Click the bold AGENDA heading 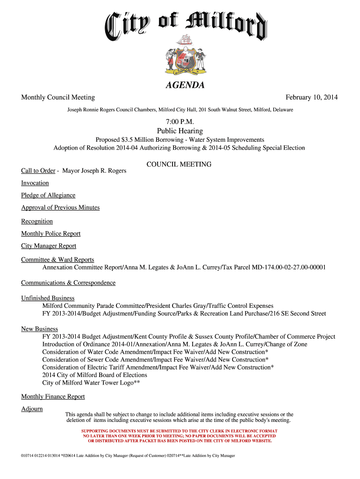pyautogui.click(x=185, y=86)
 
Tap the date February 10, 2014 pyautogui.click(x=311, y=97)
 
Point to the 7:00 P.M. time pyautogui.click(x=180, y=123)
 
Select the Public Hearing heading pyautogui.click(x=180, y=131)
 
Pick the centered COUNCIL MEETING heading pyautogui.click(x=179, y=164)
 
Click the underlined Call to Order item pyautogui.click(x=38, y=171)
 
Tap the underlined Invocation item pyautogui.click(x=35, y=183)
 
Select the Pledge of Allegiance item pyautogui.click(x=48, y=195)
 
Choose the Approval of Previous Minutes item pyautogui.click(x=60, y=207)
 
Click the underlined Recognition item pyautogui.click(x=37, y=221)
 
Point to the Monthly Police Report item pyautogui.click(x=50, y=233)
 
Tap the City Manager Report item pyautogui.click(x=49, y=246)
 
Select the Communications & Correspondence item pyautogui.click(x=68, y=283)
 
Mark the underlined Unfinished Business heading pyautogui.click(x=48, y=298)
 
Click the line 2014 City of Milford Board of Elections pyautogui.click(x=94, y=375)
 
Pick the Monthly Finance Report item pyautogui.click(x=53, y=397)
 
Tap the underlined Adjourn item pyautogui.click(x=32, y=409)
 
